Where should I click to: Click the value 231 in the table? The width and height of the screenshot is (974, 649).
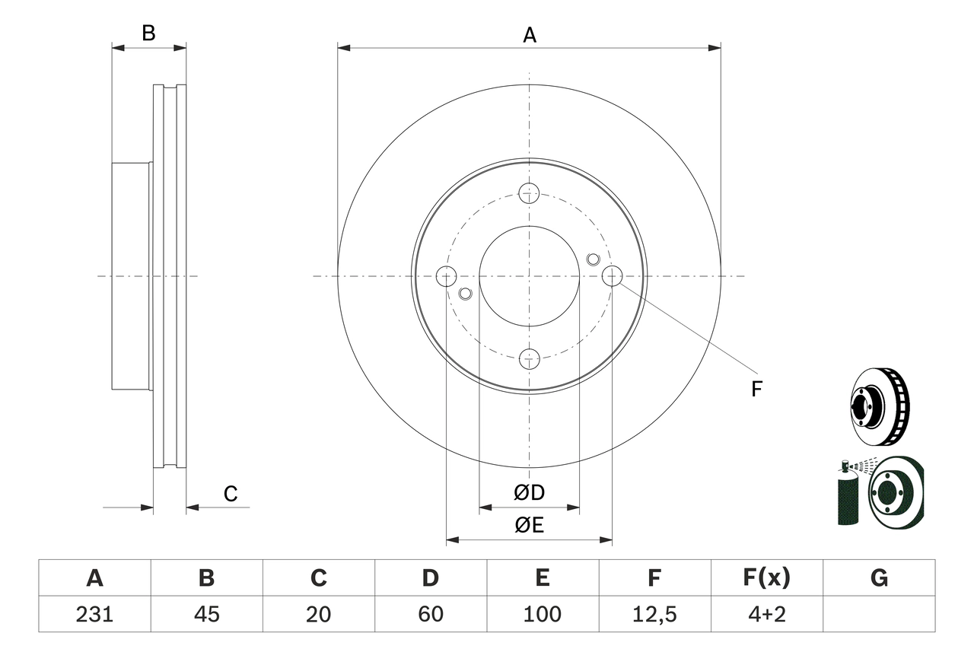click(x=94, y=614)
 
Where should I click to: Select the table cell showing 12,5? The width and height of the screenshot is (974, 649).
click(x=654, y=614)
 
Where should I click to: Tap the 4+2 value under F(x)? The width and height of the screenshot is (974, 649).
click(x=766, y=614)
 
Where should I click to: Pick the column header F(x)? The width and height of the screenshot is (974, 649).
click(x=766, y=578)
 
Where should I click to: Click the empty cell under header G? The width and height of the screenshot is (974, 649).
click(x=879, y=614)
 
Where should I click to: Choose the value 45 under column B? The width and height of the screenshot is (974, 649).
click(x=206, y=614)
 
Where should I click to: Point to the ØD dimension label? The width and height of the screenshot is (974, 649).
click(x=530, y=493)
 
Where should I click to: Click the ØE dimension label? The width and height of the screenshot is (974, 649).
click(x=530, y=526)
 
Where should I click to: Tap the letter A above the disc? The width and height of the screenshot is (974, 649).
click(x=530, y=34)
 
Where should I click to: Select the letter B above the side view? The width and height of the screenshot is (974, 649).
click(x=149, y=33)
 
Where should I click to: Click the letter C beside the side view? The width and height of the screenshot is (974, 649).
click(x=231, y=495)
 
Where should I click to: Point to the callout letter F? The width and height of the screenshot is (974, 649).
click(x=756, y=390)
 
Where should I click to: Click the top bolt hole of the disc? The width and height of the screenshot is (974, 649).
click(x=530, y=192)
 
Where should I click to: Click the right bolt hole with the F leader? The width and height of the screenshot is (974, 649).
click(x=612, y=275)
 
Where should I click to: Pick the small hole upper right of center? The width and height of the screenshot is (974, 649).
click(x=594, y=259)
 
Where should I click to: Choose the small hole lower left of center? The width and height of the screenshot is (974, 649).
click(x=466, y=293)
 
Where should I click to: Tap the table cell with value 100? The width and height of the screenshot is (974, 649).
click(x=543, y=614)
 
